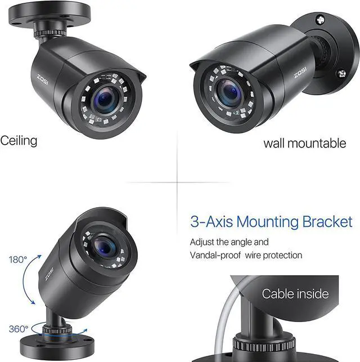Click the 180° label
coord(18,260)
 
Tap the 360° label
coord(19,328)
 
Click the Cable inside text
coord(295,293)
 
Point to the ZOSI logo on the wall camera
coord(298,74)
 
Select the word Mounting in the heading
coord(267,221)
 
